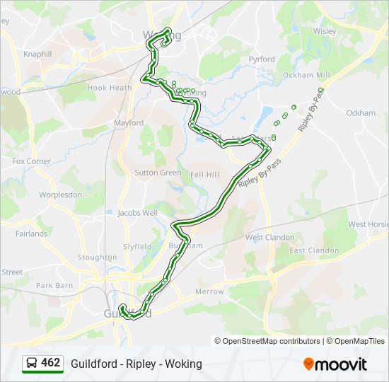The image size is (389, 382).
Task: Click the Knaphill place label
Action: tap(37, 54)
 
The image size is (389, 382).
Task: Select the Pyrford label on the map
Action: tap(261, 60)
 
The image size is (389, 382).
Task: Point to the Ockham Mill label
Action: tap(306, 75)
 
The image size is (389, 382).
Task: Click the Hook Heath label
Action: tap(110, 88)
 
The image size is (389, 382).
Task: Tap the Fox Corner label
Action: tap(32, 161)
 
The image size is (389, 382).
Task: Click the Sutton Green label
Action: tap(158, 173)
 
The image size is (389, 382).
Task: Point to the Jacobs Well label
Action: tap(137, 212)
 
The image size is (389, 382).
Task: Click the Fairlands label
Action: tap(31, 233)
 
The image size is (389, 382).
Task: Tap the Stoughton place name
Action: tap(98, 257)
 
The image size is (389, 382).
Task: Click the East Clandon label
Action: tap(314, 250)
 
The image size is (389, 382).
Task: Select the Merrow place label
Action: tap(209, 291)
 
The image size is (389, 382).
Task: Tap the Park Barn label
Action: tap(54, 285)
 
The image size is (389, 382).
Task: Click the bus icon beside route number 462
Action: tap(32, 364)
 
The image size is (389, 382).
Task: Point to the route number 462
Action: tap(51, 363)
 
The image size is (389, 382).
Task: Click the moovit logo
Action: tap(335, 364)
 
